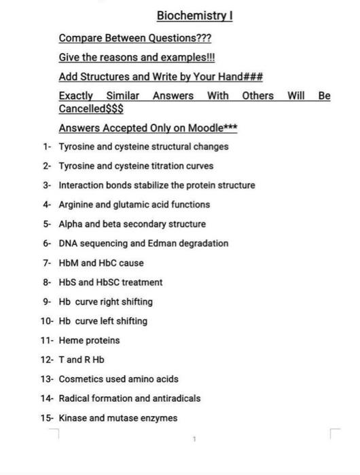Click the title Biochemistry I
pos(195,16)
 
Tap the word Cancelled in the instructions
pos(82,109)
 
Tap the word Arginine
pos(76,204)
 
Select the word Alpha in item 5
pos(71,224)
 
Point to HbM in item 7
pos(69,263)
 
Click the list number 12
pos(46,360)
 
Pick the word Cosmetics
pos(81,379)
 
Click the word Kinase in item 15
pos(73,418)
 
